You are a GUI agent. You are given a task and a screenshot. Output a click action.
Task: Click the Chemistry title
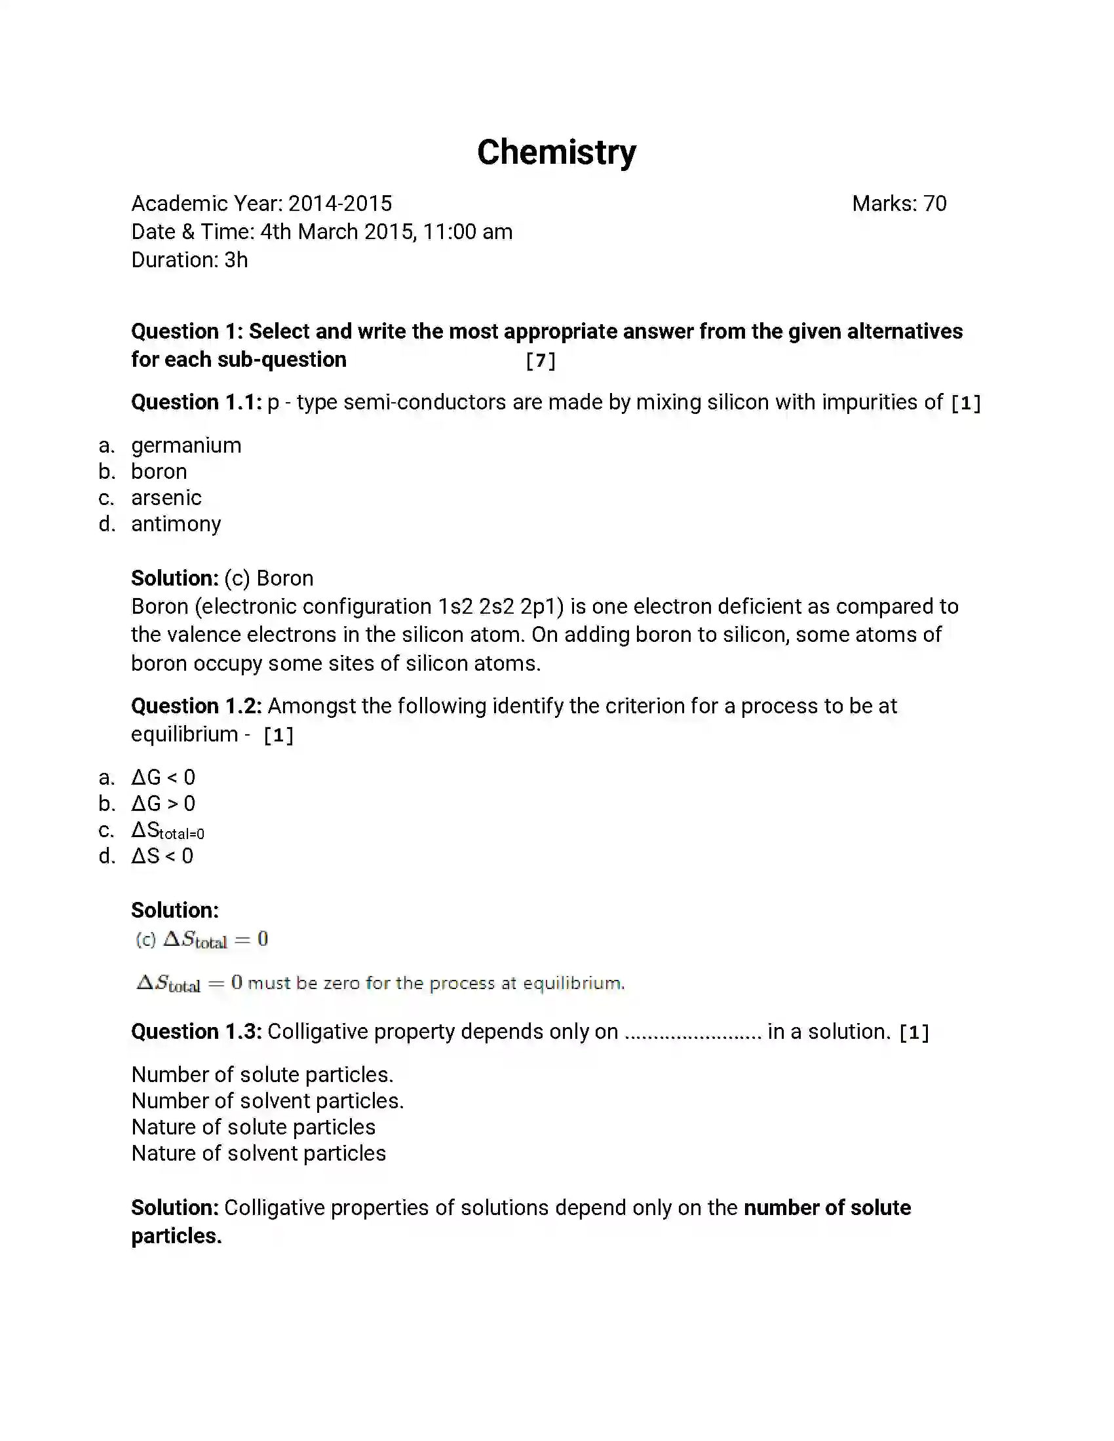click(556, 153)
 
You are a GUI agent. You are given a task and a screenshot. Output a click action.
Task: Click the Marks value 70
click(934, 203)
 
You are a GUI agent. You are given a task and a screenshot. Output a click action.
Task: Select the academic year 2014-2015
click(340, 203)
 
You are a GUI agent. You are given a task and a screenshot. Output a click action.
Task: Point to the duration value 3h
click(236, 260)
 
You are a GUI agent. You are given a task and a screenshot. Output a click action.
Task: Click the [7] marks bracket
click(540, 360)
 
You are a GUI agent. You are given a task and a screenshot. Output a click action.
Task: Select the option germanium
click(186, 445)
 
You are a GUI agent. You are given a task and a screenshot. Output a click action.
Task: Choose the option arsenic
click(166, 498)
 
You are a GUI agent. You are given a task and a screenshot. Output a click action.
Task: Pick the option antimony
click(176, 524)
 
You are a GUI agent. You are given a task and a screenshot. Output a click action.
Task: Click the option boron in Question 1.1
click(159, 472)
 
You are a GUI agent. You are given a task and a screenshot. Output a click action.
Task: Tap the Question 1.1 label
click(196, 402)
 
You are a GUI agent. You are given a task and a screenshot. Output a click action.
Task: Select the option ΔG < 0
click(163, 777)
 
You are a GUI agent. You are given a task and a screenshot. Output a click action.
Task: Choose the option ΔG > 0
click(163, 804)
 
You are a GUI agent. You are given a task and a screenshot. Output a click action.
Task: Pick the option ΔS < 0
click(163, 857)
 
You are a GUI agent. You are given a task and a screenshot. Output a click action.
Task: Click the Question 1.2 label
click(196, 706)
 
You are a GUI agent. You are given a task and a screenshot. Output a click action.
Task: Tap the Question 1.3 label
click(196, 1031)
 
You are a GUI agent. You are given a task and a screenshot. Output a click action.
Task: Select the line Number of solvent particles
click(267, 1101)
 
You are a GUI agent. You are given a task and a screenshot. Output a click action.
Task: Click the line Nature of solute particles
click(254, 1127)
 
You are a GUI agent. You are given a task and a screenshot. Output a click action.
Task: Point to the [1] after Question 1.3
click(914, 1032)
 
